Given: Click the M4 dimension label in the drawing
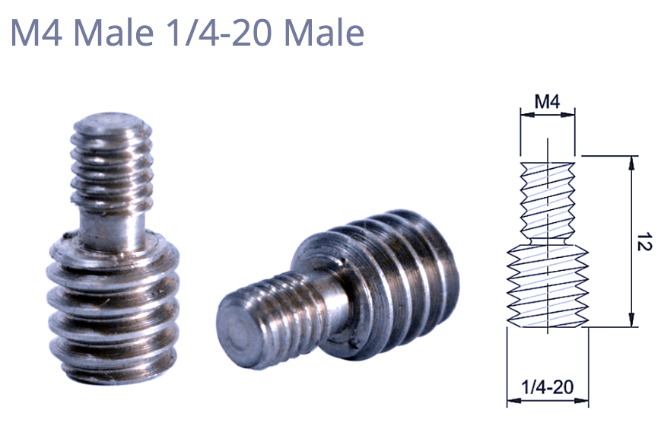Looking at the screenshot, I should [546, 100].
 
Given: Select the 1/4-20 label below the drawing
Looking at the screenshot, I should [548, 387].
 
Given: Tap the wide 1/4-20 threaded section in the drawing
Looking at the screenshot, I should [548, 285].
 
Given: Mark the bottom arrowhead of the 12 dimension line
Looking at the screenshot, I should [631, 323].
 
